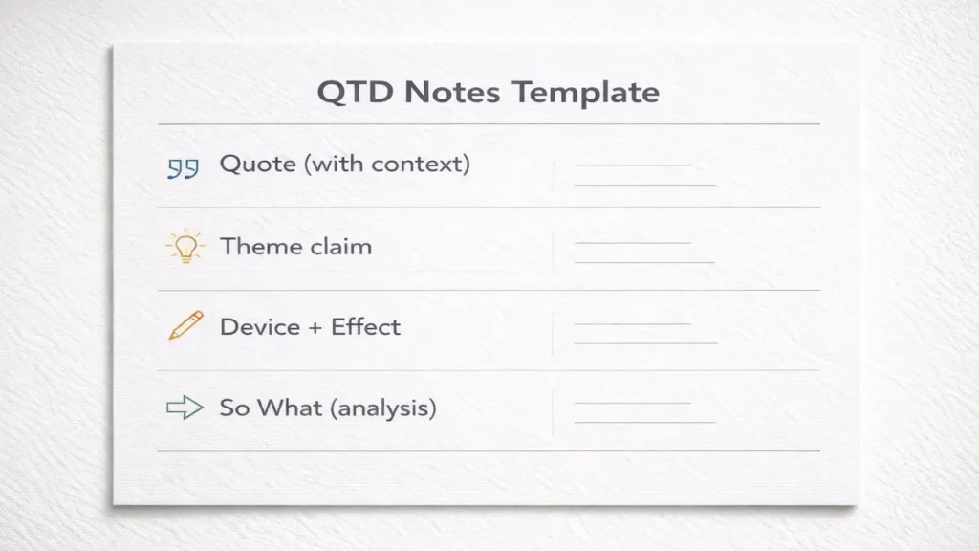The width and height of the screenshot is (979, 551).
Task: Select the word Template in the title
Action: click(x=586, y=93)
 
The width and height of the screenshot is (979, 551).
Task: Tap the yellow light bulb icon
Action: click(x=185, y=247)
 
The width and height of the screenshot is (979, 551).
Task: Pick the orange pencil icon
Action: click(x=185, y=326)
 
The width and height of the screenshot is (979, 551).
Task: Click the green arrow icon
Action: click(x=185, y=408)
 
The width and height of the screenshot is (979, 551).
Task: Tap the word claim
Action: click(x=340, y=246)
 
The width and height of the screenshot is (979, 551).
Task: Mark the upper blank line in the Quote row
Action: click(x=632, y=165)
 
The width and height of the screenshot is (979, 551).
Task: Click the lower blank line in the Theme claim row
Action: click(x=644, y=262)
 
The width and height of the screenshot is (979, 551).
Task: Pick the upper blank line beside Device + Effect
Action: click(x=632, y=324)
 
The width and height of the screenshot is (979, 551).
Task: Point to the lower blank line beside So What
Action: click(x=644, y=422)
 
